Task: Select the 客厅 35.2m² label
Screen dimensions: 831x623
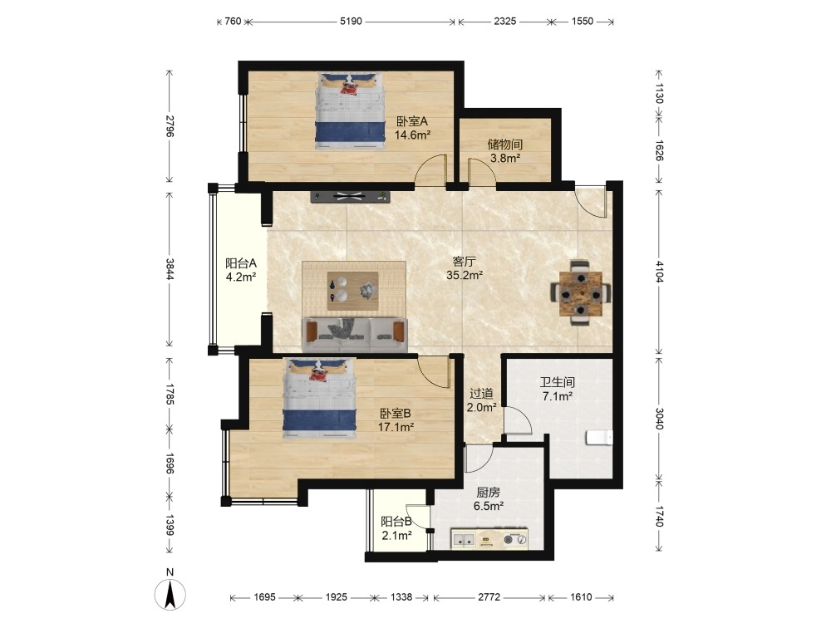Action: pos(465,268)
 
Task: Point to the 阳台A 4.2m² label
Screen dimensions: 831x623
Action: pos(241,270)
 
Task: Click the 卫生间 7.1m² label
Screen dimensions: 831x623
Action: pos(557,389)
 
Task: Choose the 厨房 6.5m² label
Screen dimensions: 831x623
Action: pos(488,499)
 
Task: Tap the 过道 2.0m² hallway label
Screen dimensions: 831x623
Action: pos(481,400)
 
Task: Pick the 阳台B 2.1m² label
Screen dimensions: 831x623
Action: pos(396,528)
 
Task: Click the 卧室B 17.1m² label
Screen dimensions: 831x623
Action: pos(396,420)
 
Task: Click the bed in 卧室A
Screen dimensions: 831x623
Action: pos(351,110)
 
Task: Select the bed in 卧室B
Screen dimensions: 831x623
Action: pos(320,399)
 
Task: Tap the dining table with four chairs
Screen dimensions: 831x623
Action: pos(581,293)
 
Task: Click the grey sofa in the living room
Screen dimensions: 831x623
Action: pos(355,334)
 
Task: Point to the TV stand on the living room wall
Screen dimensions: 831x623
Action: pos(351,197)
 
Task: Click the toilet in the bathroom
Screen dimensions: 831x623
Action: pos(599,438)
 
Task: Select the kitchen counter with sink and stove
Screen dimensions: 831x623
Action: pos(489,539)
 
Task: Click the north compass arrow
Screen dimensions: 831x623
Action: pos(170,595)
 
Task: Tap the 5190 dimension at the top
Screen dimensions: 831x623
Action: pos(351,22)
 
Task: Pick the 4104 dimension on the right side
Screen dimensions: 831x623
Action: pos(659,272)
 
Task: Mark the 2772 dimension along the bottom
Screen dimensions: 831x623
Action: pos(489,597)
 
